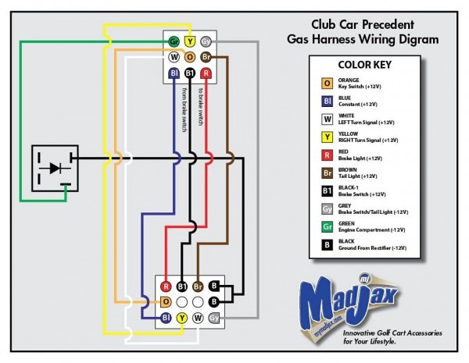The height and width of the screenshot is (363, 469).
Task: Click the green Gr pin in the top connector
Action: tap(174, 41)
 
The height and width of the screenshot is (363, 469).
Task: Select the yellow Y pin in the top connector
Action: tap(190, 41)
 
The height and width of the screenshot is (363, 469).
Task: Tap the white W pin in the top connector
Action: tap(174, 57)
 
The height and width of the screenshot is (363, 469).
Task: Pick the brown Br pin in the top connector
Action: tap(206, 57)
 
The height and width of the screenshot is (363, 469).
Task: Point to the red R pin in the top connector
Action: tap(206, 73)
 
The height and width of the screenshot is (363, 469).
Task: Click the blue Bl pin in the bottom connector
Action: tap(166, 319)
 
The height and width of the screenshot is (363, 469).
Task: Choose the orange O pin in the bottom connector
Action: tap(166, 302)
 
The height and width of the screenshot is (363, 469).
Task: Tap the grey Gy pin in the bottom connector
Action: tap(214, 319)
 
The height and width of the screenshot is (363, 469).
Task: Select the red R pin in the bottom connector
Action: tap(166, 286)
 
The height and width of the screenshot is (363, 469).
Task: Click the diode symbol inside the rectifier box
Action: tap(54, 167)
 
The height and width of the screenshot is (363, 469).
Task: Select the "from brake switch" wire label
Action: tap(184, 109)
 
